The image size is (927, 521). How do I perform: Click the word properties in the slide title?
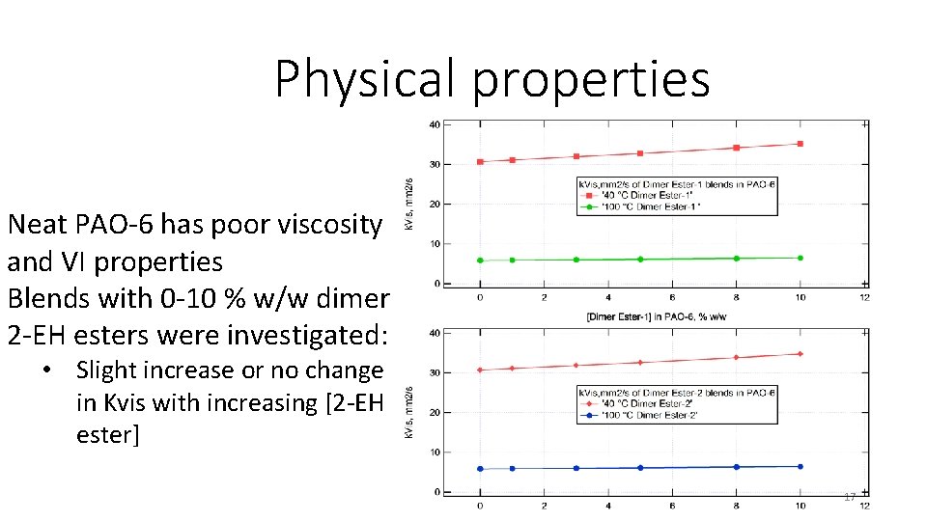(x=591, y=79)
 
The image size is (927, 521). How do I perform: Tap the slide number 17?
(x=850, y=497)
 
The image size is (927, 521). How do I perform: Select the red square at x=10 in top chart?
(x=800, y=144)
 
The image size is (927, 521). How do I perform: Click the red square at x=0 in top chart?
(x=480, y=162)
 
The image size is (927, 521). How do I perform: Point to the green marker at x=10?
(x=800, y=258)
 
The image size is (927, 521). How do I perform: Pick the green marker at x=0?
(x=480, y=260)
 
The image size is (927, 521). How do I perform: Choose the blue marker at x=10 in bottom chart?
(x=800, y=467)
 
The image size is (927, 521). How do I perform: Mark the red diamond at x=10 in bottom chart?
(x=800, y=354)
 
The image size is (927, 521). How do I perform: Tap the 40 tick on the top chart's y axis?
(x=435, y=124)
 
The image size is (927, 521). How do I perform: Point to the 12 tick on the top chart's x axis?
(x=863, y=297)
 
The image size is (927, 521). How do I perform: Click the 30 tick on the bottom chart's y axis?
(x=435, y=372)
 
